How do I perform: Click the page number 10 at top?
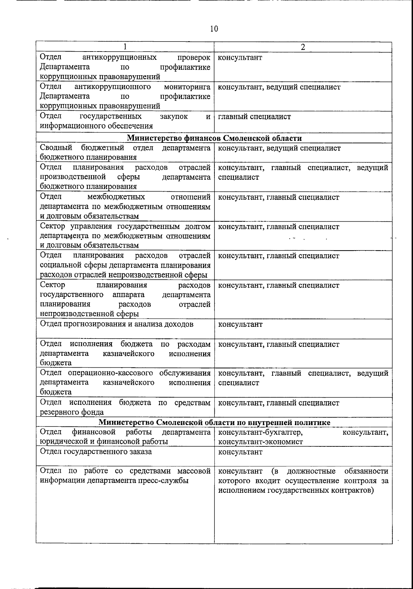coord(214,29)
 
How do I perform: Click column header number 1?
coord(125,47)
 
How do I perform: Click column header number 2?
coord(303,47)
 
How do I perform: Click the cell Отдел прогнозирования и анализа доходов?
coord(117,324)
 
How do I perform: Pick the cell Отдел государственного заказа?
coord(96,452)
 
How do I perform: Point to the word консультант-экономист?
coord(261,442)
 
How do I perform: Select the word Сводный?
coord(56,148)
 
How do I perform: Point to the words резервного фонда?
coord(72,412)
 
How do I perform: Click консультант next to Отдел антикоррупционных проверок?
coord(240,57)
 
